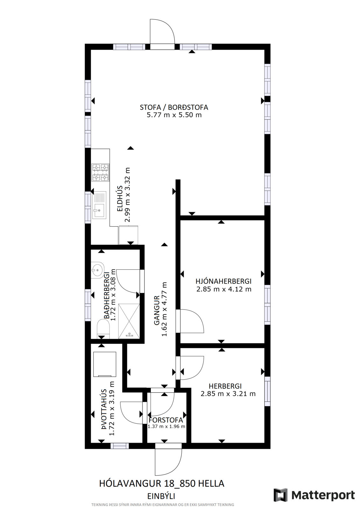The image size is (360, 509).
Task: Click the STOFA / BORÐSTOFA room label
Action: [x=174, y=107]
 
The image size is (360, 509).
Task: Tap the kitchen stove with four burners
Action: [x=100, y=173]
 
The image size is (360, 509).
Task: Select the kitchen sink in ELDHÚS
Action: [x=99, y=204]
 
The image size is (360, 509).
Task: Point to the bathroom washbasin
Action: [x=97, y=270]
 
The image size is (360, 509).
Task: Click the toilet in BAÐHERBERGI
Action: [x=103, y=329]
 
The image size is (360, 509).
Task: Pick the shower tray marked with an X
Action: [x=129, y=321]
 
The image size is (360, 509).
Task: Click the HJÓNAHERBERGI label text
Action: [x=223, y=281]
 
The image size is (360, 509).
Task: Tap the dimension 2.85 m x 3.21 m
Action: [x=228, y=394]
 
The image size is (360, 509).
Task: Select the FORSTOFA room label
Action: [x=166, y=420]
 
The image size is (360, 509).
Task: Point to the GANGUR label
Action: [x=157, y=310]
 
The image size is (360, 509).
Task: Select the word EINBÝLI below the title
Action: [x=162, y=496]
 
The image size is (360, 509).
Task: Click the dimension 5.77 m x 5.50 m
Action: [x=174, y=115]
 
